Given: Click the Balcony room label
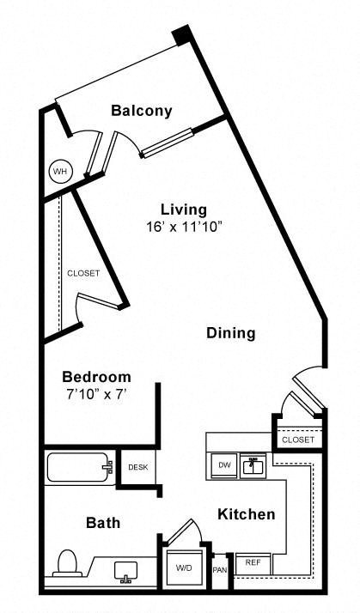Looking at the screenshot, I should (x=142, y=111).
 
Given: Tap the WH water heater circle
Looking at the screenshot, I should (x=59, y=172).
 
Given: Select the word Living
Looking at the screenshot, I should (x=184, y=209).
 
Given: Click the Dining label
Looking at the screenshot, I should (x=230, y=333).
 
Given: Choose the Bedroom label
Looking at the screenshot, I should (x=96, y=377).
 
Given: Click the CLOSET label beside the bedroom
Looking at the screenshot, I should (x=83, y=273).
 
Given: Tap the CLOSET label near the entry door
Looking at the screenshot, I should (x=298, y=440).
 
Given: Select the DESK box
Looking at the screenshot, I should (x=137, y=468).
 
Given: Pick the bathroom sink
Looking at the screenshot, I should (x=127, y=569).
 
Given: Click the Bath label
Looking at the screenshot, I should (x=102, y=522).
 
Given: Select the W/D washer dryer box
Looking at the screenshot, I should (x=184, y=567).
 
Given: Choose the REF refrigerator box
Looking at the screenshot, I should (x=253, y=563).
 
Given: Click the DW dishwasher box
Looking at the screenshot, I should (x=223, y=465).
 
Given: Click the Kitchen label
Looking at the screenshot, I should (x=246, y=514).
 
